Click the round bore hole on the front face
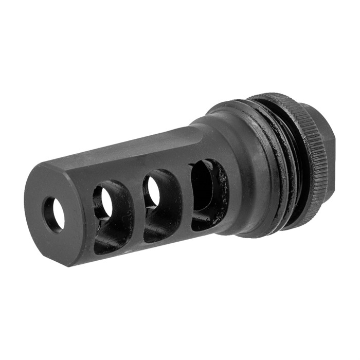point(55,214)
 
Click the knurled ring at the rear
point(303,144)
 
